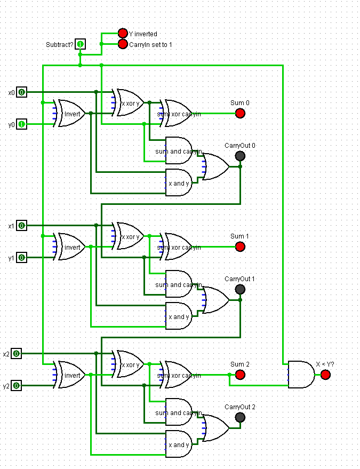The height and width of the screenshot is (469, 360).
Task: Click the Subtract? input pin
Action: click(x=80, y=44)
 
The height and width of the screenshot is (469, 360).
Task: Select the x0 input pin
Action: click(x=21, y=92)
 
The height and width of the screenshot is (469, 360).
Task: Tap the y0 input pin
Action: click(x=21, y=124)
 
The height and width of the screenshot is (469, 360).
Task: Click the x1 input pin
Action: click(x=21, y=226)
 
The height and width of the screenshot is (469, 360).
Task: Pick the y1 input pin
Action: click(x=21, y=258)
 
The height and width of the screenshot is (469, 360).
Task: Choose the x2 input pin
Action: click(x=16, y=354)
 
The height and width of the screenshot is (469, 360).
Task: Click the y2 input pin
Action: click(x=16, y=386)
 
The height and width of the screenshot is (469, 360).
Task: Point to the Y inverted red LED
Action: click(x=123, y=34)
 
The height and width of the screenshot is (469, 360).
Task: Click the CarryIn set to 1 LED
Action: click(x=123, y=44)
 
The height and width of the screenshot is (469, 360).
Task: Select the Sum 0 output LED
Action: click(x=240, y=113)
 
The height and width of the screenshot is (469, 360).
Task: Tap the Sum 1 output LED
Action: click(x=240, y=247)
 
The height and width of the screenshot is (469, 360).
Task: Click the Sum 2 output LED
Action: click(x=240, y=375)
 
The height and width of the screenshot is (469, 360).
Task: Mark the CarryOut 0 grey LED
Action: click(x=240, y=156)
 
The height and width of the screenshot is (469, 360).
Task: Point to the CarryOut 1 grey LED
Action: click(x=240, y=289)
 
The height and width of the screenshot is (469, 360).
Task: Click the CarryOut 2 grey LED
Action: click(x=240, y=417)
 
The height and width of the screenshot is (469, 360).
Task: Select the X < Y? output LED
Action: click(x=325, y=375)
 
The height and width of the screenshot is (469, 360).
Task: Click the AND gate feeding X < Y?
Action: click(x=301, y=375)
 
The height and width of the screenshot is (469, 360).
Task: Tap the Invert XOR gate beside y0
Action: click(x=71, y=113)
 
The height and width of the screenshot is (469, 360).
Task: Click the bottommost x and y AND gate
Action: click(x=178, y=444)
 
